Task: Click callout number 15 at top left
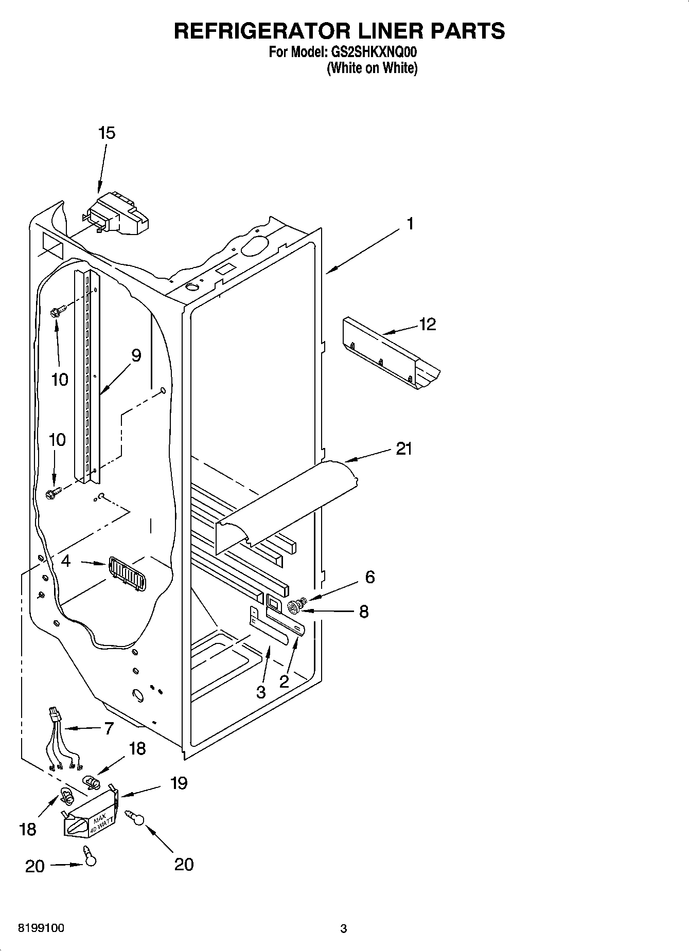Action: coord(107,133)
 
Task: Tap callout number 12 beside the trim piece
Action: coord(428,324)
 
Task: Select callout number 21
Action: coord(404,449)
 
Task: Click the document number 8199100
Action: coord(41,928)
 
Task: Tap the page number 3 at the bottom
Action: coord(344,929)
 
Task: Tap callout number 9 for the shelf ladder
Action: coord(136,355)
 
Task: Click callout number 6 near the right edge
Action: coord(370,577)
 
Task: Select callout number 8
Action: coord(364,612)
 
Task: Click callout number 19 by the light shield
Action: coord(179,783)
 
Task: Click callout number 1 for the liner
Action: coord(410,224)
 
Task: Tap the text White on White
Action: coord(372,68)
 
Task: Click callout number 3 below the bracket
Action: coord(261,692)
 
